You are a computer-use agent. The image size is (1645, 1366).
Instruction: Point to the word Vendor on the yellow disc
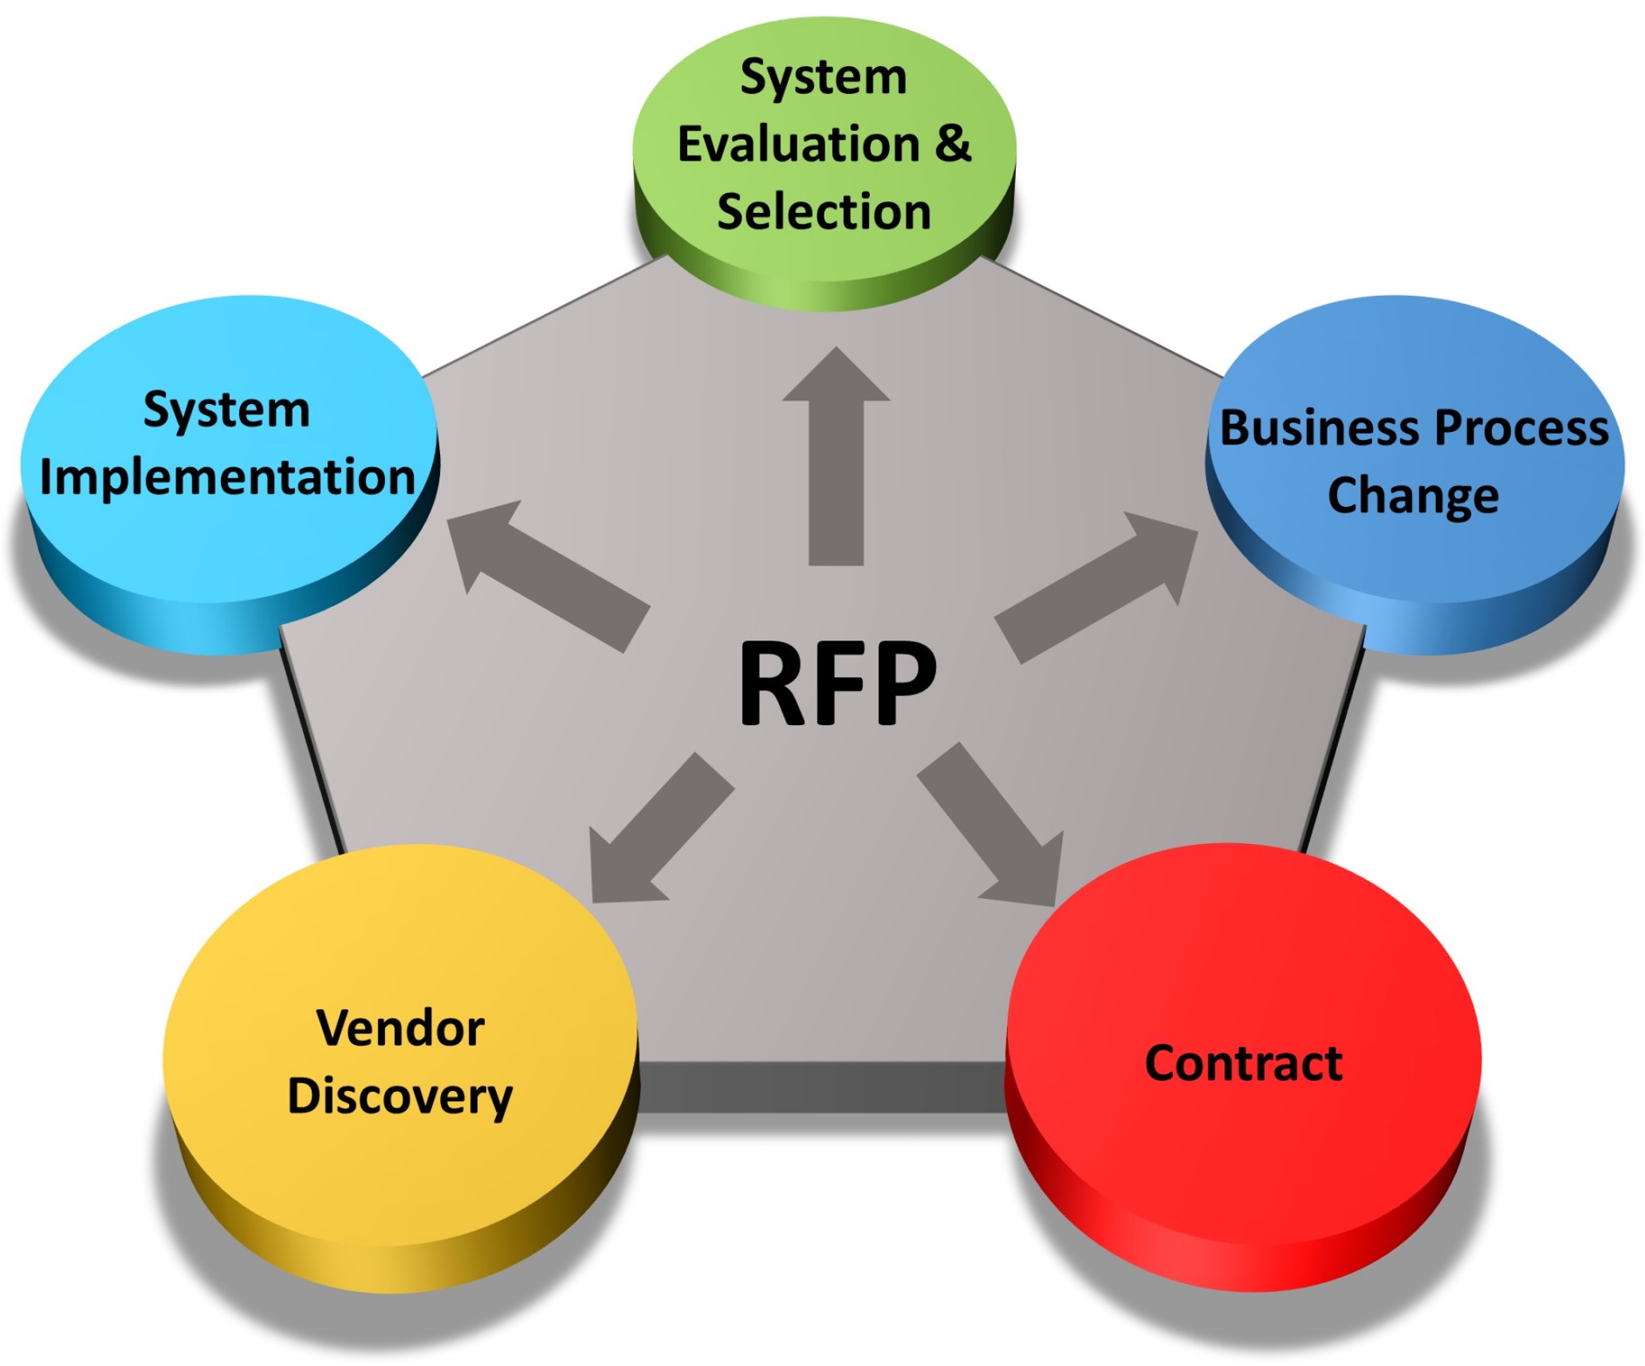tap(400, 1028)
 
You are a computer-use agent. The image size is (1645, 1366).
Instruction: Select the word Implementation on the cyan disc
tap(227, 477)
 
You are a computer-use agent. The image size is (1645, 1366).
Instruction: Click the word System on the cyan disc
tap(226, 410)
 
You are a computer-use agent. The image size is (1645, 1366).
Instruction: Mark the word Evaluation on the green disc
tap(798, 144)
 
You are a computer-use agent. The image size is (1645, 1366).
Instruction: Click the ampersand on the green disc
tap(953, 143)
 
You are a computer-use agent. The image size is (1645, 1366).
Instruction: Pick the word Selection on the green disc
tap(824, 212)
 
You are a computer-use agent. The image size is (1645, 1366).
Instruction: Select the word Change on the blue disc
tap(1412, 496)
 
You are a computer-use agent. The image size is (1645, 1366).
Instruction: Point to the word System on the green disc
tap(824, 77)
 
